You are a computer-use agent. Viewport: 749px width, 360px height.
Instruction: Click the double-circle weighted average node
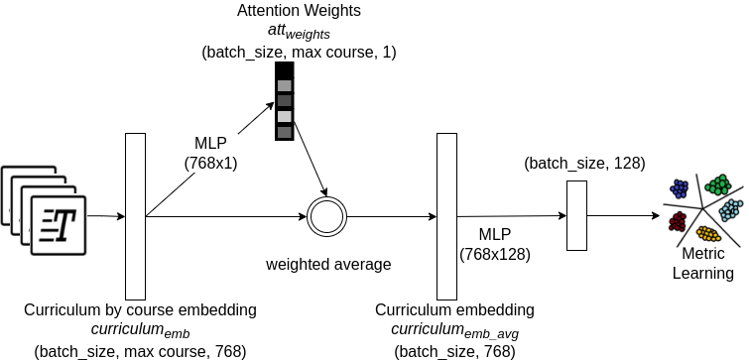pos(323,216)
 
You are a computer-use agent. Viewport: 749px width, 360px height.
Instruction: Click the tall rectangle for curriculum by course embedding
pos(135,215)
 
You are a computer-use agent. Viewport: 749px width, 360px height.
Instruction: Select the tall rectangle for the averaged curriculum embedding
pos(446,215)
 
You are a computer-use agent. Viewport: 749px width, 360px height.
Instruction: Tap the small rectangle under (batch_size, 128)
pos(576,215)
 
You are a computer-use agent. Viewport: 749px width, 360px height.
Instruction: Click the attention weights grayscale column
pos(285,101)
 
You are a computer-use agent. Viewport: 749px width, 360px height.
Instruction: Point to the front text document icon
pos(59,223)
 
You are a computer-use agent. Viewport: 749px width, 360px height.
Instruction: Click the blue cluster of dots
pos(680,187)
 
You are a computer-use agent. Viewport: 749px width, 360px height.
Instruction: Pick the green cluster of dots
pos(718,185)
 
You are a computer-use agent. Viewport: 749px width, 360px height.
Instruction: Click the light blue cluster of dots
pos(730,209)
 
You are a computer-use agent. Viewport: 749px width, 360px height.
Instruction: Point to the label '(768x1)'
pos(210,163)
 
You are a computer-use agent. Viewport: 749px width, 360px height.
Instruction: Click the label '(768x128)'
pos(495,254)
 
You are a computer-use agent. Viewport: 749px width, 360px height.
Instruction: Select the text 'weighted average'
pos(328,265)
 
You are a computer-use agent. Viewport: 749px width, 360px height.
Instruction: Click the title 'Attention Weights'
pos(299,12)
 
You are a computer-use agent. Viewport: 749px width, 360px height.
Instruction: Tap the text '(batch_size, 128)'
pos(584,163)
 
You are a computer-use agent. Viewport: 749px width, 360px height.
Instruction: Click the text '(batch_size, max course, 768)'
pos(140,351)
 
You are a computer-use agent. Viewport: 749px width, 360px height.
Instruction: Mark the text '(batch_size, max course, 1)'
pos(299,52)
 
